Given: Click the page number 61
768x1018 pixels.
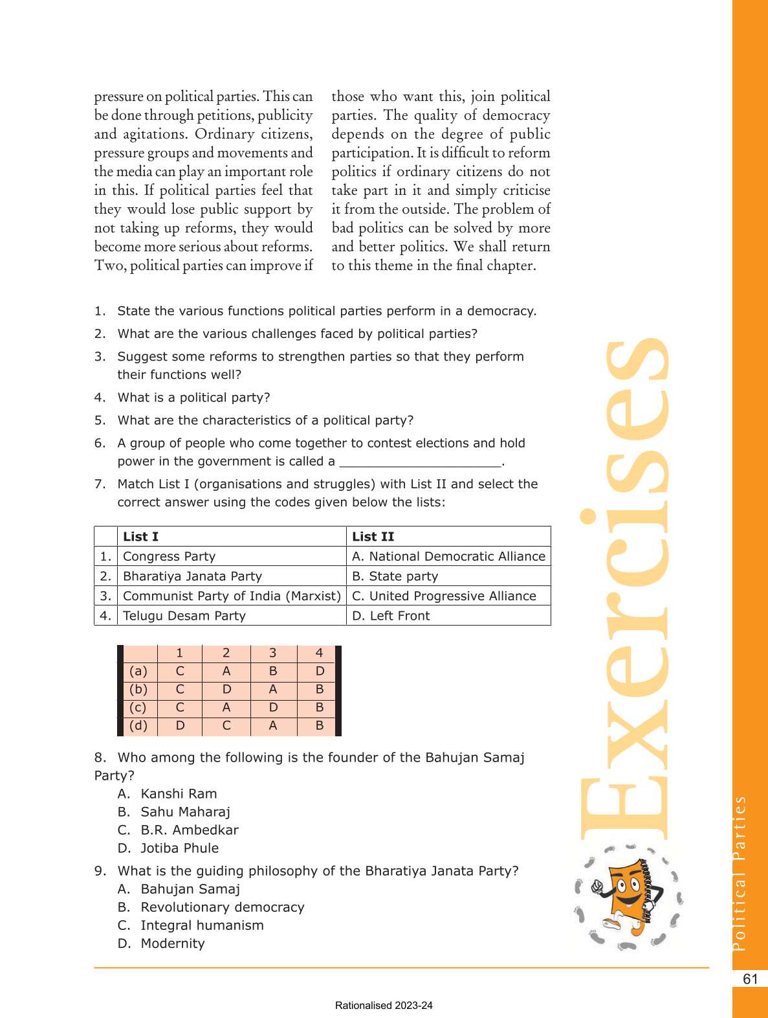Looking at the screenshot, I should point(750,979).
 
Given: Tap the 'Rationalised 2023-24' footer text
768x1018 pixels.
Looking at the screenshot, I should point(384,1006).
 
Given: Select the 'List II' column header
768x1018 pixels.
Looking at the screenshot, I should point(373,536).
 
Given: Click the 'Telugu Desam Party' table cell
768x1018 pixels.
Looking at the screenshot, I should point(184,616).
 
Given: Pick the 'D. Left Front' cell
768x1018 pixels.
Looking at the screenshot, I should point(391,616).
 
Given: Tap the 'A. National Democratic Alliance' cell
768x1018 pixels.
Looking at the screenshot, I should point(448,556).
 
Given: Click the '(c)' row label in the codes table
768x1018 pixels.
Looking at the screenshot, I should point(138,708).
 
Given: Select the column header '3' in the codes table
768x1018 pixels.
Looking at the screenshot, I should point(273,653).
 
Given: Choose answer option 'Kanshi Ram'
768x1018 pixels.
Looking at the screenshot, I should point(179,794).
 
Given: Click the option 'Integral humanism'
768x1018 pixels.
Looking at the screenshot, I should point(202,925).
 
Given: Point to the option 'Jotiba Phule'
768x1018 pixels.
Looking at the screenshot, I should point(179,848).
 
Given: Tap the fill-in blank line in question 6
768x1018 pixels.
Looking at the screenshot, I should point(421,462).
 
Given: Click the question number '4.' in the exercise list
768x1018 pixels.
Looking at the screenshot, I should point(100,398).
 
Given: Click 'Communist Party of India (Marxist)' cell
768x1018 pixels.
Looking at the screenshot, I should point(232,596).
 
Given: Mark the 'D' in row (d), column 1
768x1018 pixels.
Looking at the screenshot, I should point(180,726).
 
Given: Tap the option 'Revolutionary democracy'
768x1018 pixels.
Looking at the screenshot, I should point(223,907).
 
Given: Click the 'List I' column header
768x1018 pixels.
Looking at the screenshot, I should point(140,536).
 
